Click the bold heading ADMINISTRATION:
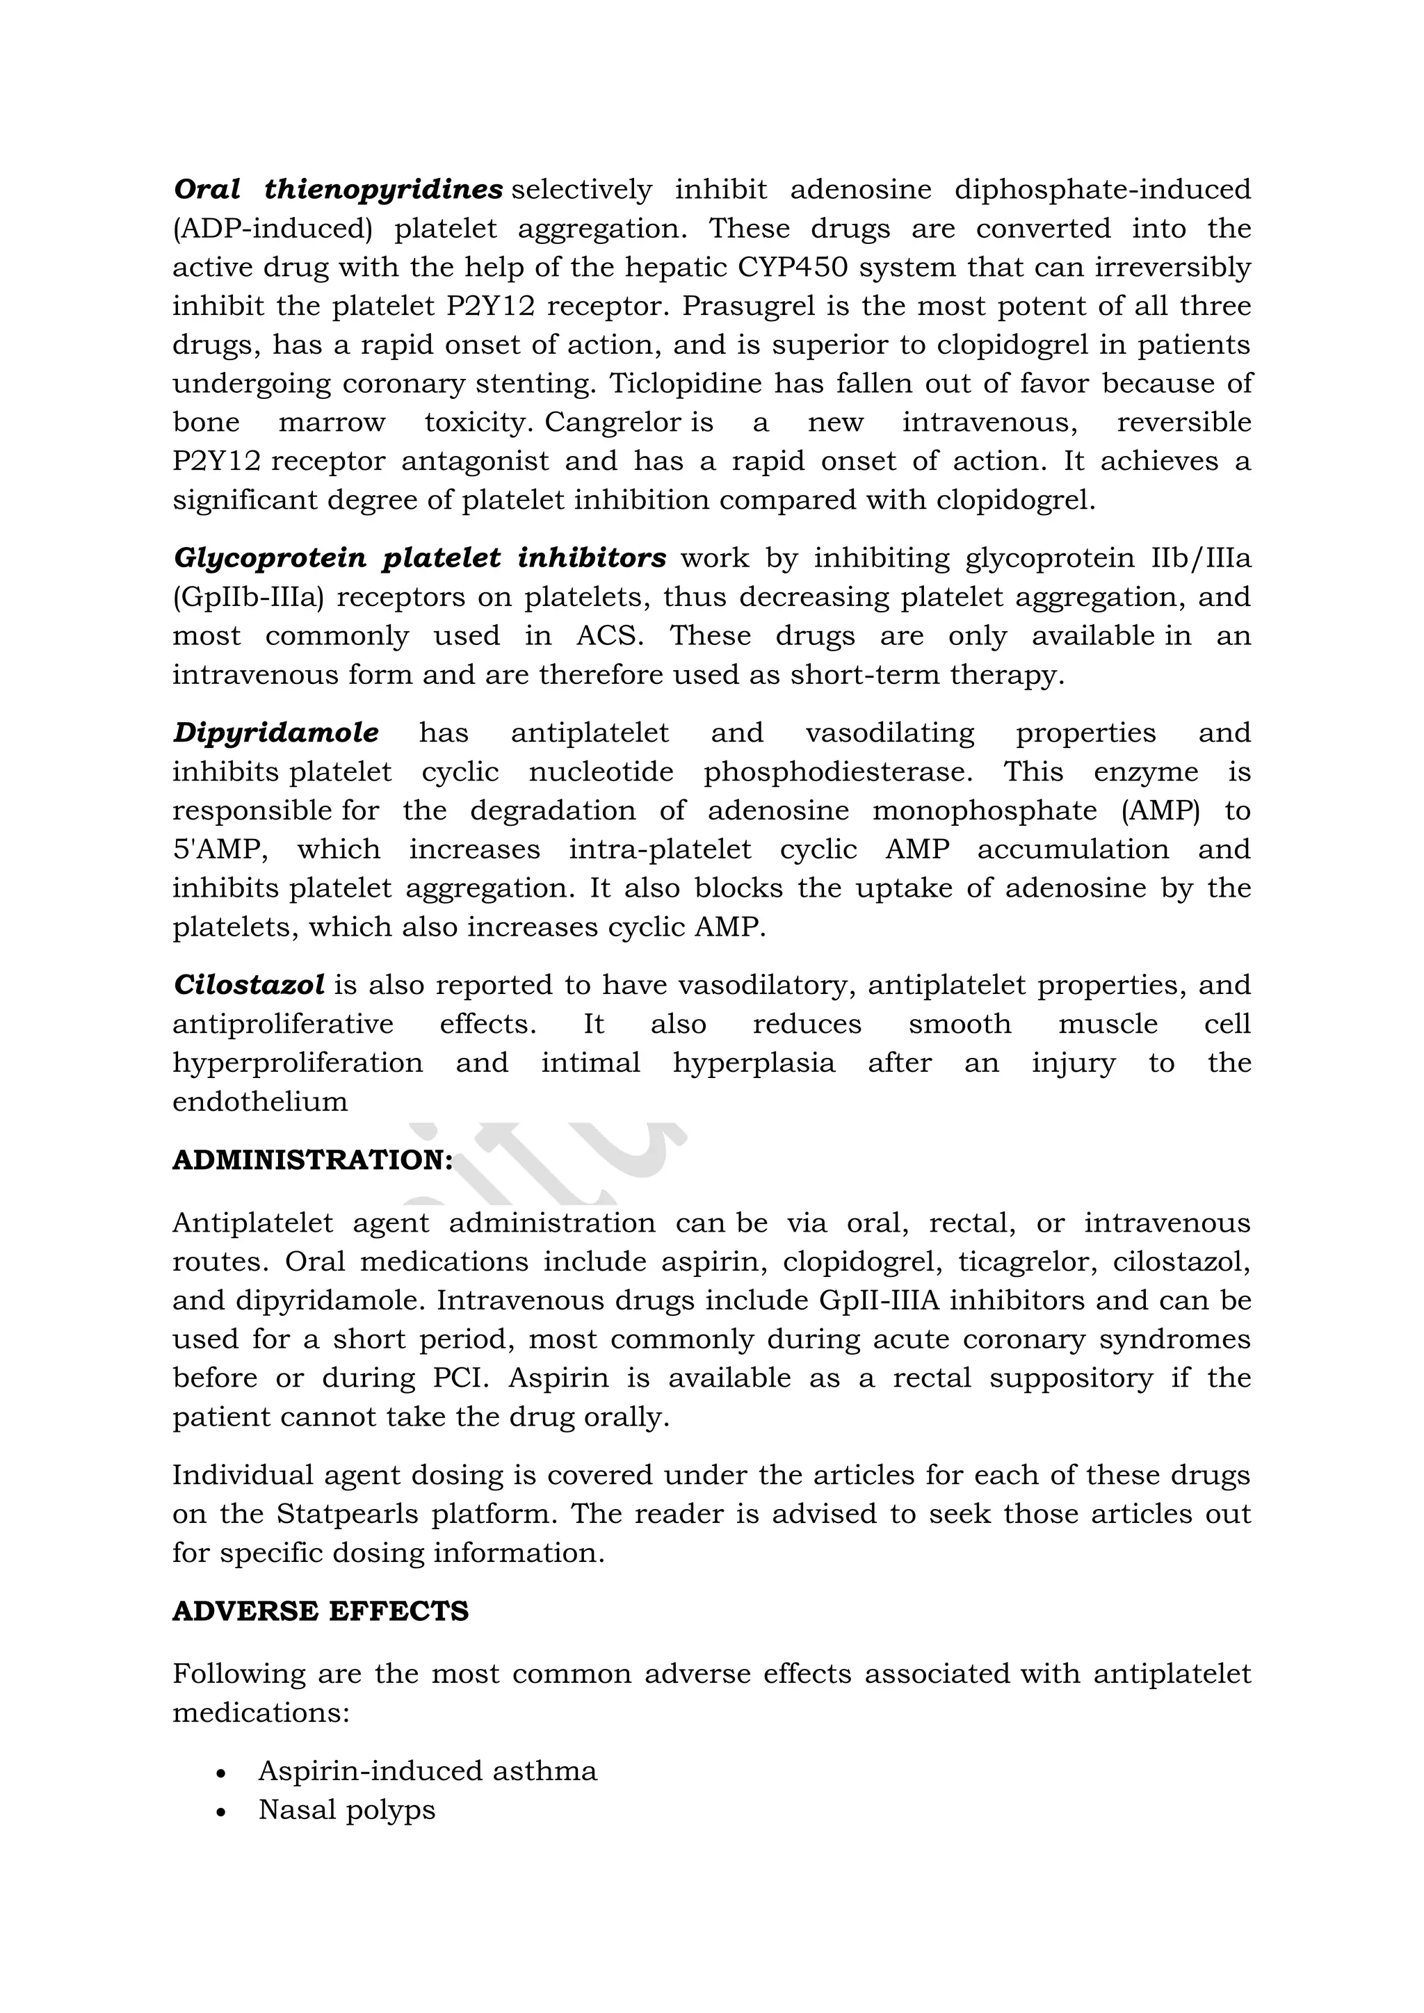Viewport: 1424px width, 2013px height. pyautogui.click(x=312, y=1160)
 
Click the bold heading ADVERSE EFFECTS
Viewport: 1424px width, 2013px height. pyautogui.click(x=320, y=1611)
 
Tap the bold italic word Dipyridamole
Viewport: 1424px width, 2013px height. pyautogui.click(x=275, y=732)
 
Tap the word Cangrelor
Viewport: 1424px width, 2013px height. pyautogui.click(x=612, y=423)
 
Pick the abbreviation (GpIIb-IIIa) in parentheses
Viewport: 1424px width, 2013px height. pyautogui.click(x=248, y=597)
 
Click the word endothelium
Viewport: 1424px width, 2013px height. pyautogui.click(x=259, y=1101)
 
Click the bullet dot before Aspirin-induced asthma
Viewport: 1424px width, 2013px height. pyautogui.click(x=222, y=1772)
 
